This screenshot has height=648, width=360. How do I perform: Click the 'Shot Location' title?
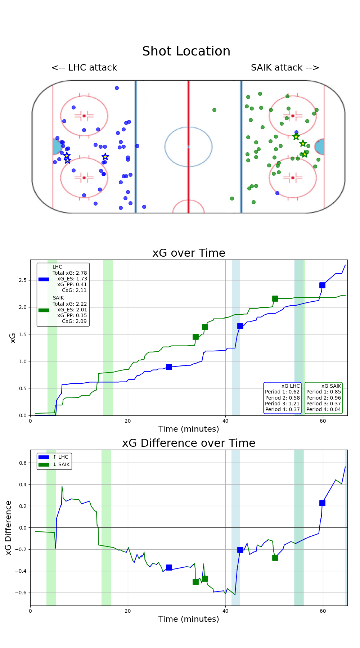186,51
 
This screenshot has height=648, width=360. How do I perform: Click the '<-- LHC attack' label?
84,68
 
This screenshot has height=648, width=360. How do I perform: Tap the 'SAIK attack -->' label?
285,68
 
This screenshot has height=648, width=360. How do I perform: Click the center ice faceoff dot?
188,147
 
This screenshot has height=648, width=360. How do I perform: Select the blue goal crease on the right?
320,147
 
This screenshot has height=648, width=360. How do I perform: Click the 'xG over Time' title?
189,253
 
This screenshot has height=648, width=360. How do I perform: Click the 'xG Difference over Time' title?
189,443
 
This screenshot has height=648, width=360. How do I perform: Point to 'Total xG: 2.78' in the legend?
69,273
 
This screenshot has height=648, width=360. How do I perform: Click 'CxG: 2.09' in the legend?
74,321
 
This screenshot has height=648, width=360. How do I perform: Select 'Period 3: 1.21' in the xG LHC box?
282,404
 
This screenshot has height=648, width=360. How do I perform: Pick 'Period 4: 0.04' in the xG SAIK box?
323,409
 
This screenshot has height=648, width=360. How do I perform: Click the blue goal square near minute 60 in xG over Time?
322,285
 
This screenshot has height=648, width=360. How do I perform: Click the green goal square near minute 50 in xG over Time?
275,298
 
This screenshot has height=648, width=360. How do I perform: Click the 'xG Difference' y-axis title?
9,527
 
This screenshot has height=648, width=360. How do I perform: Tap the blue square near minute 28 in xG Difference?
169,567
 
